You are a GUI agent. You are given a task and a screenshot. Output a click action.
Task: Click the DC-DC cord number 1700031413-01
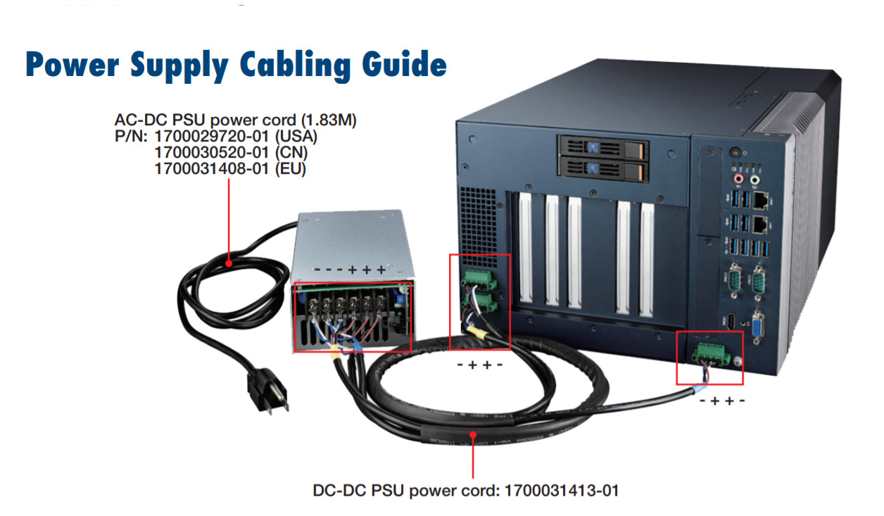(562, 490)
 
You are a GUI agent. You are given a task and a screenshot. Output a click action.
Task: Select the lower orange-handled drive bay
(602, 169)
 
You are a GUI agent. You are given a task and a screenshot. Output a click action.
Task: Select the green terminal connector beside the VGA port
(709, 353)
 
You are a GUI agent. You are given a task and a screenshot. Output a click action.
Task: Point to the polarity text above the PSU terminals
(349, 270)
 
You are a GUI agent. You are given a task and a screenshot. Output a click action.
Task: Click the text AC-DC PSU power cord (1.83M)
(236, 120)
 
